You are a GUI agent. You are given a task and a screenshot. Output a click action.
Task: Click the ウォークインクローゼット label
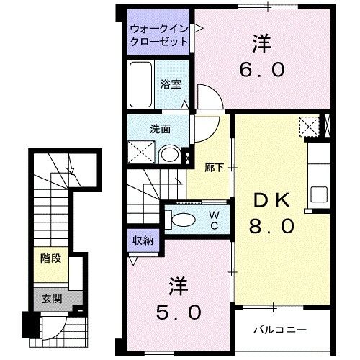coord(159,35)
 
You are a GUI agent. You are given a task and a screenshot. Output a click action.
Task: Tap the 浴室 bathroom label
coord(171,84)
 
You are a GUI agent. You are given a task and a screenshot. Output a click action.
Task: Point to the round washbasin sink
coord(170,154)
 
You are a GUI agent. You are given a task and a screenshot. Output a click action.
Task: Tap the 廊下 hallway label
coord(213,168)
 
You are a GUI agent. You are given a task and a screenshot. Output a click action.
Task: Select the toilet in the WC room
coord(182,220)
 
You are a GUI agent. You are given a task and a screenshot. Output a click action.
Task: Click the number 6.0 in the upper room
coord(262,70)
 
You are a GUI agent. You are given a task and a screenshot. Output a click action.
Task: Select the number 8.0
coord(272,226)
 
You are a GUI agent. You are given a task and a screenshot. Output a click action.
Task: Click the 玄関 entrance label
coord(51,297)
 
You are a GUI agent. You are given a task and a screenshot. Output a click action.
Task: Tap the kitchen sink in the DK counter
coord(318,193)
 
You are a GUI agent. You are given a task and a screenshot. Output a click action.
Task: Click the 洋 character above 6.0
coord(261,42)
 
